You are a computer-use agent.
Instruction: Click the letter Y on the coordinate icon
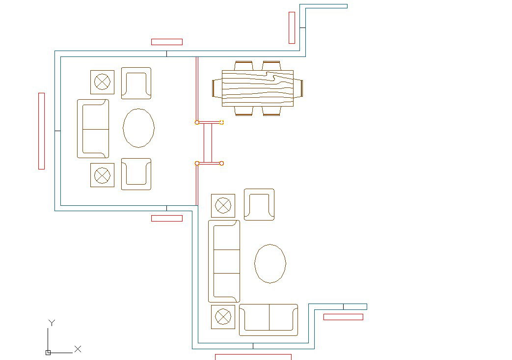pyautogui.click(x=52, y=323)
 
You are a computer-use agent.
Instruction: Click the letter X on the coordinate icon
pyautogui.click(x=78, y=349)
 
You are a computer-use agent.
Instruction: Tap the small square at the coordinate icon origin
pyautogui.click(x=48, y=353)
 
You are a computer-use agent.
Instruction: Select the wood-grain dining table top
pyautogui.click(x=258, y=88)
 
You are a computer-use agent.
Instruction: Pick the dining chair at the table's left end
pyautogui.click(x=216, y=88)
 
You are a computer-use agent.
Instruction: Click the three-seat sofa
pyautogui.click(x=224, y=261)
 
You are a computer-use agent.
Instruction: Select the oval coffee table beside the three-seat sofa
pyautogui.click(x=270, y=263)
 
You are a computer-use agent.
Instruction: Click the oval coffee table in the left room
pyautogui.click(x=138, y=128)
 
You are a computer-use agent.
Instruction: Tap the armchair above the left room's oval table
pyautogui.click(x=136, y=83)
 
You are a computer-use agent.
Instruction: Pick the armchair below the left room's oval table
pyautogui.click(x=136, y=174)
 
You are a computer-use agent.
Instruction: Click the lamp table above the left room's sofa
pyautogui.click(x=102, y=82)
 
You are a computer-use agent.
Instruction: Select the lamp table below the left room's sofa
pyautogui.click(x=102, y=175)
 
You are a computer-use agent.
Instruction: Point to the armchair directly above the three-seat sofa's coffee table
pyautogui.click(x=259, y=204)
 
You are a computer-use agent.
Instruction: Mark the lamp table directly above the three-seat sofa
pyautogui.click(x=223, y=205)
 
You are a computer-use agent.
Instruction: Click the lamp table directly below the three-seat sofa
pyautogui.click(x=223, y=317)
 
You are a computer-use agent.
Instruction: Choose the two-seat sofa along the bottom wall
pyautogui.click(x=269, y=319)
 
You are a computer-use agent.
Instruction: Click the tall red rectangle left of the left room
pyautogui.click(x=41, y=131)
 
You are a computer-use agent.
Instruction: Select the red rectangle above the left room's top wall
pyautogui.click(x=167, y=42)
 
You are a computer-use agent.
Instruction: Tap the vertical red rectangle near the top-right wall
pyautogui.click(x=292, y=28)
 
